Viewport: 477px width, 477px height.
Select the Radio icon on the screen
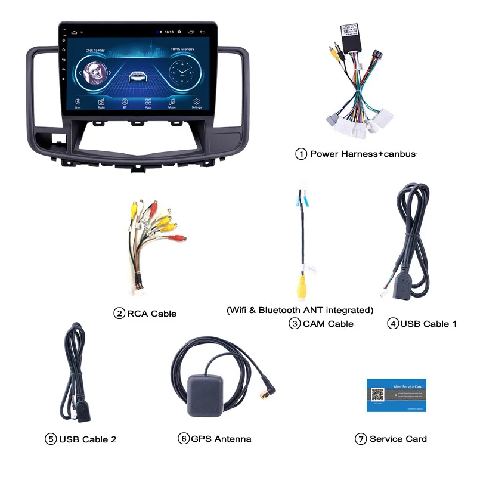101,102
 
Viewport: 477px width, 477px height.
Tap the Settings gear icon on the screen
197,102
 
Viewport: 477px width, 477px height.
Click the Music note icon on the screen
172,102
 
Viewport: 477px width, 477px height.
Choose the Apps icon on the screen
148,102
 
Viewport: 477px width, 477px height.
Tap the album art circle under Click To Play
95,73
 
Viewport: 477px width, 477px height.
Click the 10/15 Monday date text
182,50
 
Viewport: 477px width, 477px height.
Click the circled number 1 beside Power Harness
301,154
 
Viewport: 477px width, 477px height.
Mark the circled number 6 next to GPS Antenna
184,439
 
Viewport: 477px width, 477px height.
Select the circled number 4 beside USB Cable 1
392,324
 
